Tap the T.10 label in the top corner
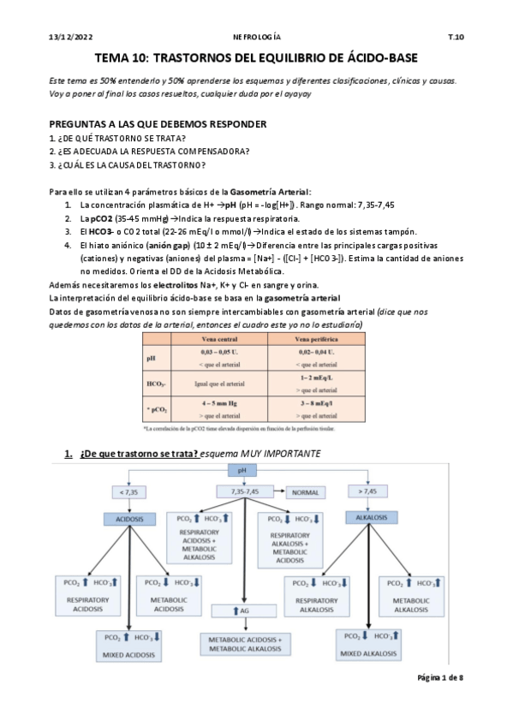tap(456, 38)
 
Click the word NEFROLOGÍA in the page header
tap(256, 38)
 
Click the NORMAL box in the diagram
tap(313, 492)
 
